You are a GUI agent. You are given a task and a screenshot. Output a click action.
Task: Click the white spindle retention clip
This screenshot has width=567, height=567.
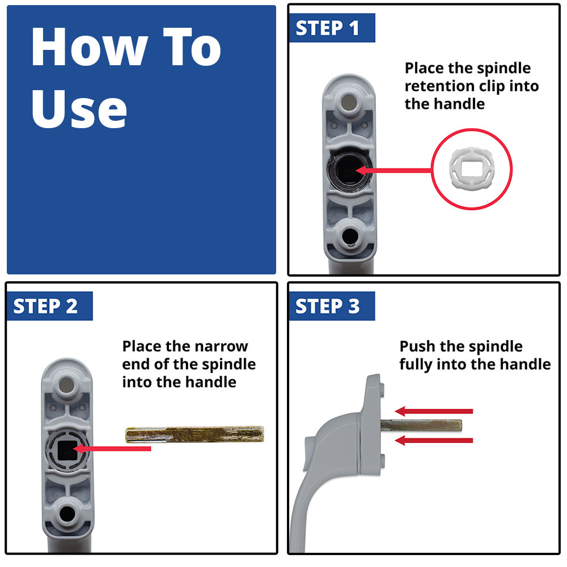472,169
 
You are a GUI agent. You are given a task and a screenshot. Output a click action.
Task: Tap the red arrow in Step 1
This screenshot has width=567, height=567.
397,169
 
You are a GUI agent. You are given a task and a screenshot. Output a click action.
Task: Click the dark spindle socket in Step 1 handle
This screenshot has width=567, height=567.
349,168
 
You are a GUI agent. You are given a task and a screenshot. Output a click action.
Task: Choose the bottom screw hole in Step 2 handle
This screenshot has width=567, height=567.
67,514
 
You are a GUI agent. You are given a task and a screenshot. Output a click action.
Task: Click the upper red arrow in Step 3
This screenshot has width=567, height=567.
434,411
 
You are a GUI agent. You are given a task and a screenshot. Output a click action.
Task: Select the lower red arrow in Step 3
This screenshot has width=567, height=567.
434,440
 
